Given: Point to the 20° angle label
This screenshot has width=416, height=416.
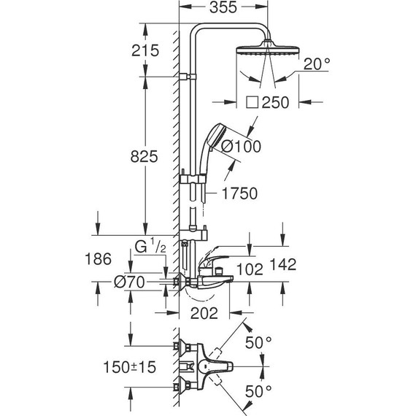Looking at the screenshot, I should pos(317,63).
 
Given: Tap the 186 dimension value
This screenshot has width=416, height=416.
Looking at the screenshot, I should pos(97,259).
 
